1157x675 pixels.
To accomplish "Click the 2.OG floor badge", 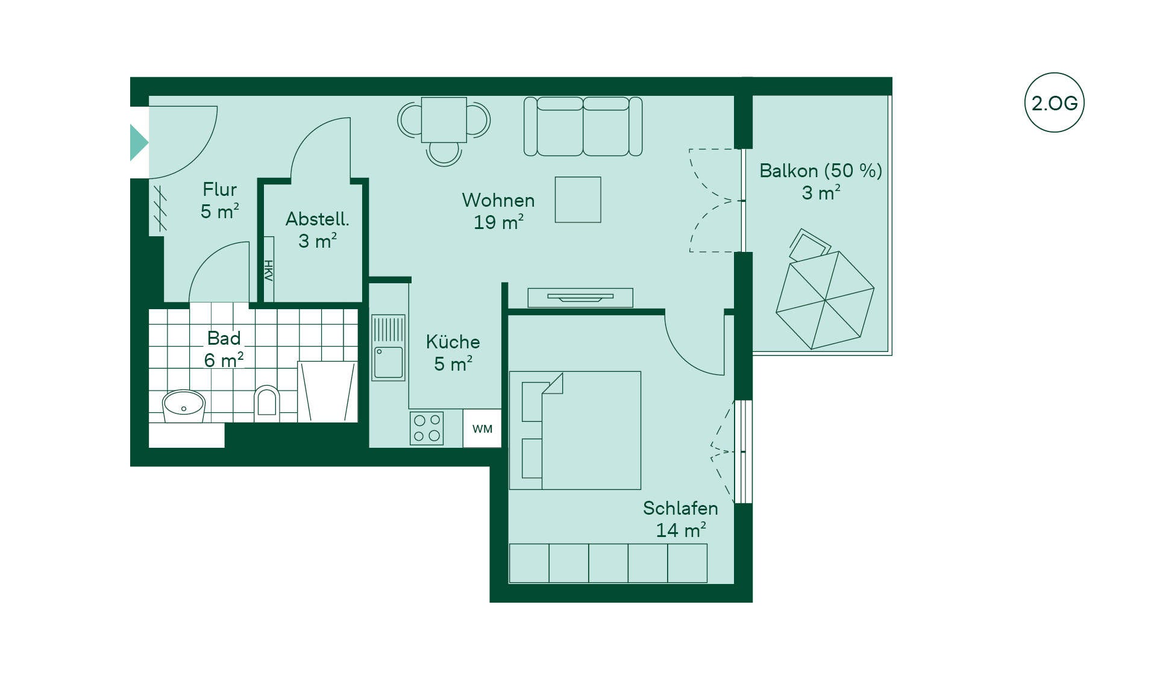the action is tap(1054, 102).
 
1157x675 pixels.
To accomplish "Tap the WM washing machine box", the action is tap(482, 429).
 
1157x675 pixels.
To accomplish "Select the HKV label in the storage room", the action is tap(269, 270).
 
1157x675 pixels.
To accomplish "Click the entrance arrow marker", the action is tap(139, 143).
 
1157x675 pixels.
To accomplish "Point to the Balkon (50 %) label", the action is tap(821, 171).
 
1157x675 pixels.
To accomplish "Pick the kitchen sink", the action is tap(388, 347).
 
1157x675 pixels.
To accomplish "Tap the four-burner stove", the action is tap(427, 429).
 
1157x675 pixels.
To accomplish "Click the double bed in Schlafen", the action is tap(575, 430).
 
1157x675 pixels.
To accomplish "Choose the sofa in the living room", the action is tap(583, 127).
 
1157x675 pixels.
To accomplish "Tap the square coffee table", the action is tap(578, 199).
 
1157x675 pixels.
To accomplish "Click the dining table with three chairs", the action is tap(444, 131).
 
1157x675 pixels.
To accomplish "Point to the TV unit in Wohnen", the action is tap(580, 298).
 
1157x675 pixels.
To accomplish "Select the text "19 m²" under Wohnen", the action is tap(498, 222).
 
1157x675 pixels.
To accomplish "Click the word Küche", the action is tap(453, 342).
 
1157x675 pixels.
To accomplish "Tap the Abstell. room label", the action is tap(318, 219).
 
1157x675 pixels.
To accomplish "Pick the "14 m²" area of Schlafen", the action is tap(681, 530).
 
